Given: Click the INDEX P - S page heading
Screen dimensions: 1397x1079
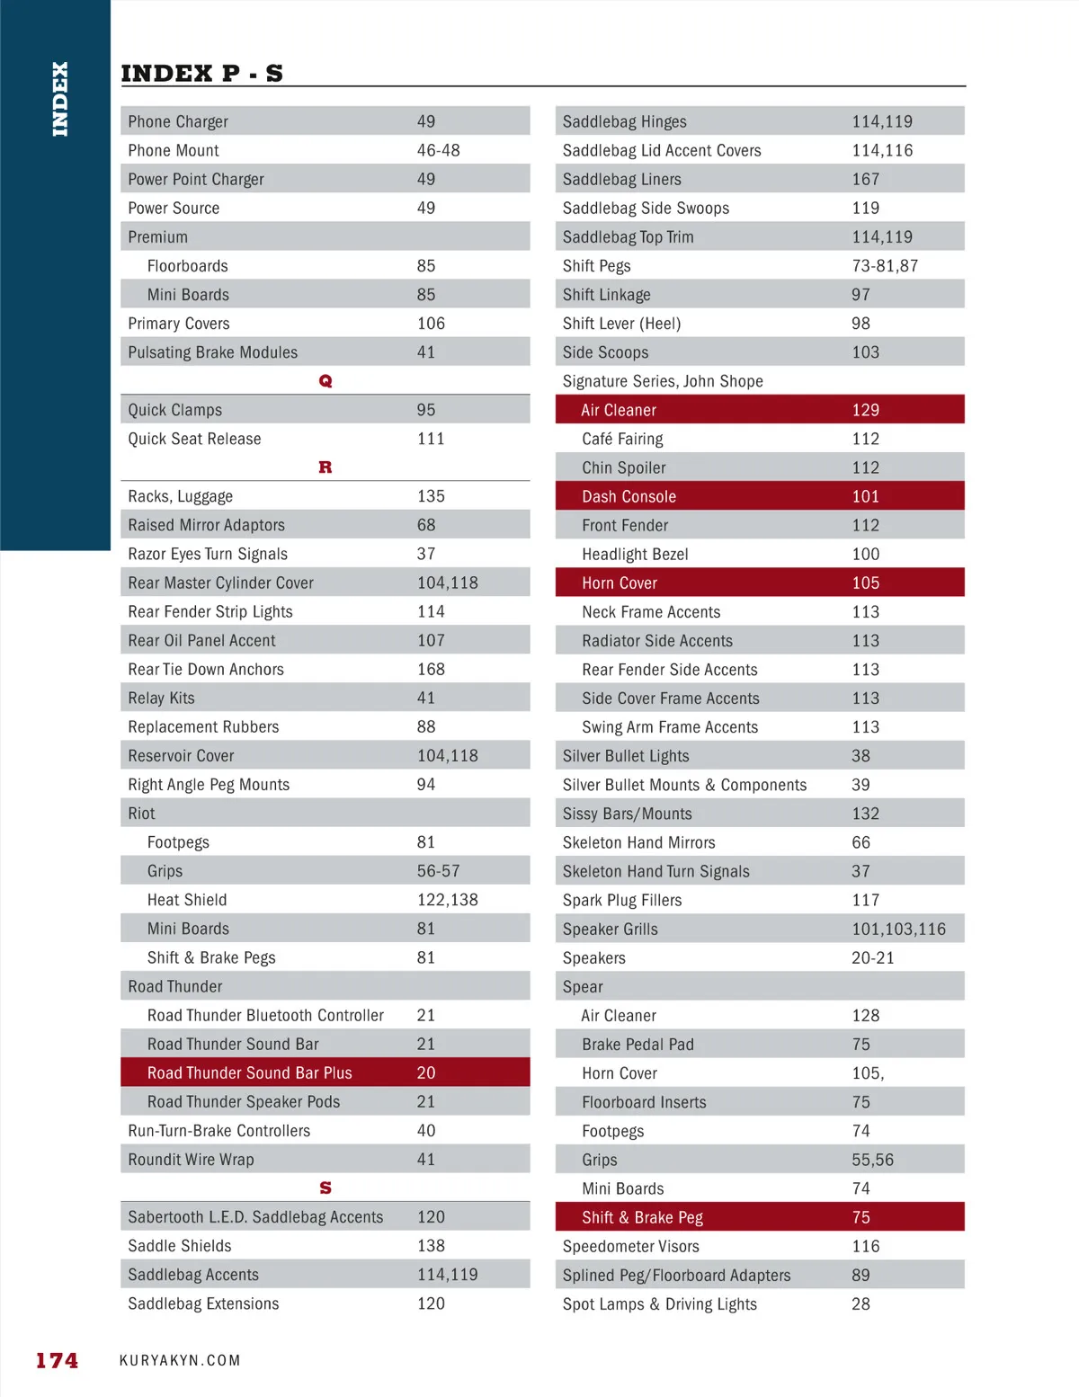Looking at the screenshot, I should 201,73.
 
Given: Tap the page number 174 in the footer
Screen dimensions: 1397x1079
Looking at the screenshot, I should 57,1360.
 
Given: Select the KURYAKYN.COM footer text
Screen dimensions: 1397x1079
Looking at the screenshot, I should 180,1360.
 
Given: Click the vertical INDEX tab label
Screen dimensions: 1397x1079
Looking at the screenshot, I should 60,99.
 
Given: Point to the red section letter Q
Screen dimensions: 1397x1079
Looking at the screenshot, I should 325,381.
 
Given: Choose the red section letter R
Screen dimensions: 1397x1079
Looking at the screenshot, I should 325,467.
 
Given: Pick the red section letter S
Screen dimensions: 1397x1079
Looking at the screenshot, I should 325,1188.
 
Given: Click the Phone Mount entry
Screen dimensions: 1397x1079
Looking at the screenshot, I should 174,150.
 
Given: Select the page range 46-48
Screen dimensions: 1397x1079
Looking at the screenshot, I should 438,150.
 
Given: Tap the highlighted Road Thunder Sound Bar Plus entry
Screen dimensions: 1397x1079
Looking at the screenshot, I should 250,1072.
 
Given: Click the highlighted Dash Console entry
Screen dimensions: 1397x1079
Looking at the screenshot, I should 629,496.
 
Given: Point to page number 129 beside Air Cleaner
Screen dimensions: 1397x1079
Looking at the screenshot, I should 865,410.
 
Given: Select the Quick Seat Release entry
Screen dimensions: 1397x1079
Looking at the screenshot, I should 194,439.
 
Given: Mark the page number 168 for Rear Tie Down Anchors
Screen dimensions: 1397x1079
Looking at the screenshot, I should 431,669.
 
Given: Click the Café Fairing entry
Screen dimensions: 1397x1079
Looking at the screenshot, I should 622,439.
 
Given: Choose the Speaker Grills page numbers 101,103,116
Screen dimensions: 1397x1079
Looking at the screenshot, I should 898,929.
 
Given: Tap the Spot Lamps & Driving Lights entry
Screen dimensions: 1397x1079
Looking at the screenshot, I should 659,1304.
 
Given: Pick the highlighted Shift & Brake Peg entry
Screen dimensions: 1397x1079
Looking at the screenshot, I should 642,1217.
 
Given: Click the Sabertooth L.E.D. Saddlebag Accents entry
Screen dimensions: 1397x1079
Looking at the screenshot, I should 255,1217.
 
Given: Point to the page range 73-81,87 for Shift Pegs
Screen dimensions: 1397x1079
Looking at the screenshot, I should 885,265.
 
